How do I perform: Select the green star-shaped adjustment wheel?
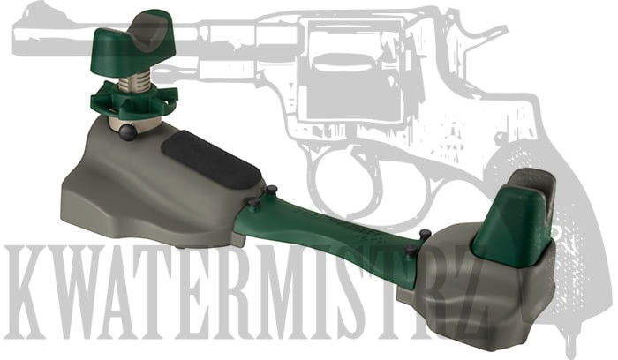[x=133, y=101]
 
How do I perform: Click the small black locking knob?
[x=129, y=132]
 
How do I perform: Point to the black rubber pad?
[x=211, y=160]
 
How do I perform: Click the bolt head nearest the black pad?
[x=272, y=190]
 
